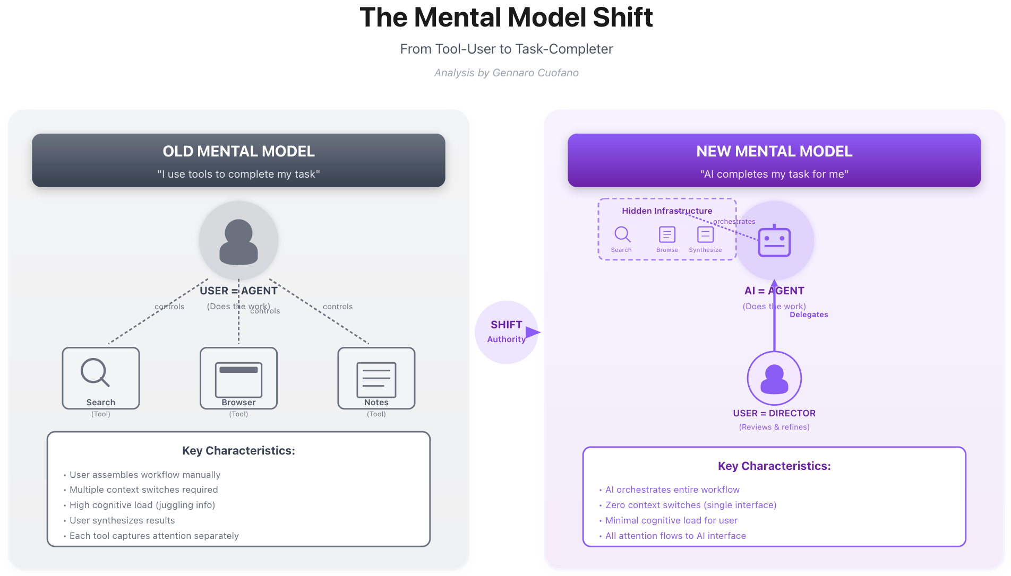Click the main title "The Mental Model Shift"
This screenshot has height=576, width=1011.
coord(506,18)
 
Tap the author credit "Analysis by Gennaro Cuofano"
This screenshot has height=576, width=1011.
coord(506,73)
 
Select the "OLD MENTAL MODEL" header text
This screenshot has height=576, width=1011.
coord(238,152)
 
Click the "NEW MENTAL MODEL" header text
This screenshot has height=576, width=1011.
coord(774,152)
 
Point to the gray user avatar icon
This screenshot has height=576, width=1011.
coord(238,241)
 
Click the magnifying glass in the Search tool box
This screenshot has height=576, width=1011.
coord(95,372)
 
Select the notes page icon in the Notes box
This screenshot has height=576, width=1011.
coord(376,379)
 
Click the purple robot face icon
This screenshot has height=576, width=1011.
coord(774,242)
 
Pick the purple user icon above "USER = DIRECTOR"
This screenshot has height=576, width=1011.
coord(774,379)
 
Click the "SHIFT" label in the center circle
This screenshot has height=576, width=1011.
coord(506,325)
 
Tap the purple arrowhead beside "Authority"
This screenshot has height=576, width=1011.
coord(533,333)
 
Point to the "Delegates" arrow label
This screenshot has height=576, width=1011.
coord(808,315)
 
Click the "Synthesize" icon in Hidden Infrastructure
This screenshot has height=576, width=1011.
coord(705,234)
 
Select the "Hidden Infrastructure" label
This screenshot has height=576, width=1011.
coord(667,211)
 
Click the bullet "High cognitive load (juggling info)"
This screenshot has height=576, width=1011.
coord(142,505)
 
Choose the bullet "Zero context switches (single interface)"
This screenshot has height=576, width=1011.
coord(690,505)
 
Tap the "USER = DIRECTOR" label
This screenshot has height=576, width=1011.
coord(774,413)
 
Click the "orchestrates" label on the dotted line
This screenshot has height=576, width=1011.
coord(734,222)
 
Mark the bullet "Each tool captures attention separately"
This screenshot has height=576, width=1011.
coord(154,536)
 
